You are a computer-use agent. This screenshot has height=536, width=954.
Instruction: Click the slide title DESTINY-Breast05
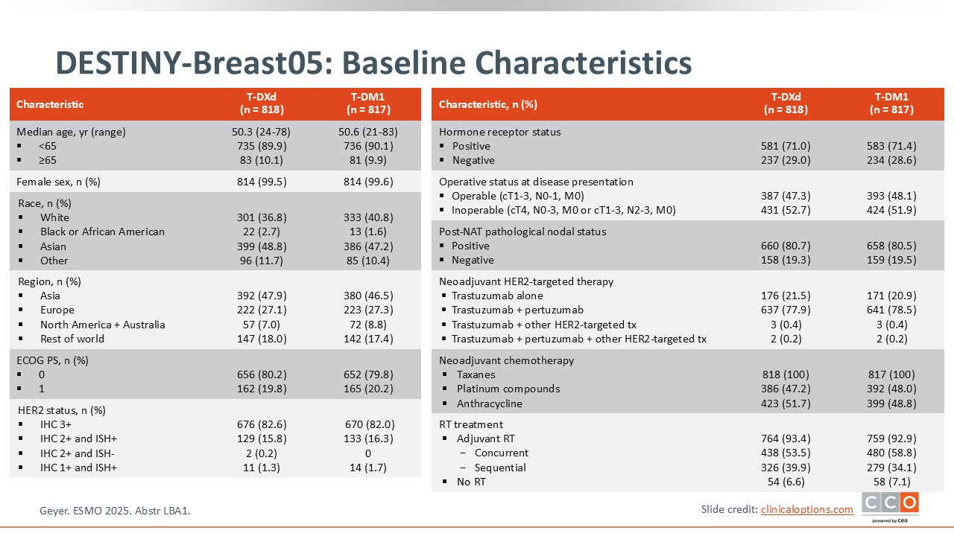373,63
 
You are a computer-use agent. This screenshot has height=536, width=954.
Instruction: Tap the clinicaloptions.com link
807,509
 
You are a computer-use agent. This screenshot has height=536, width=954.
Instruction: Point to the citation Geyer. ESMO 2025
120,511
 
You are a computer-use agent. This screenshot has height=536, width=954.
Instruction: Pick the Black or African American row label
102,232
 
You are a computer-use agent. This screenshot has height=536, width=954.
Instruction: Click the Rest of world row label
72,339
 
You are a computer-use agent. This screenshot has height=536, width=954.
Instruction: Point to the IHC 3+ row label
56,424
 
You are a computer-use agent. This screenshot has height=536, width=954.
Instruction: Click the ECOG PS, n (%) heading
52,360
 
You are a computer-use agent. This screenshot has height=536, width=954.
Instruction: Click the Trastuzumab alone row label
497,296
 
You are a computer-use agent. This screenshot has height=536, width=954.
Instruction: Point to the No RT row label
471,482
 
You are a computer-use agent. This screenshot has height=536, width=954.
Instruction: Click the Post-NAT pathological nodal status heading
522,232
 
